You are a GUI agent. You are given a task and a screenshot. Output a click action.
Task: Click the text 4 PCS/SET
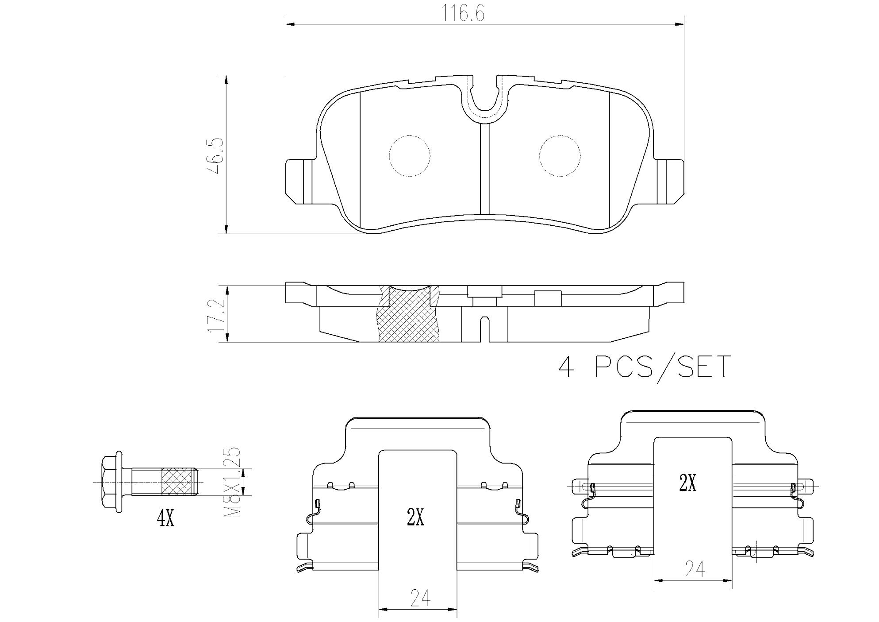click(644, 367)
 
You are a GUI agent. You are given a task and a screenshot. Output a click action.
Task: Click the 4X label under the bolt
click(165, 518)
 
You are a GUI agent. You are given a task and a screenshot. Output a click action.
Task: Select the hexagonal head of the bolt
click(111, 482)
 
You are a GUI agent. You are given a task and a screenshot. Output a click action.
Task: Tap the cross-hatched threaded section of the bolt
click(179, 482)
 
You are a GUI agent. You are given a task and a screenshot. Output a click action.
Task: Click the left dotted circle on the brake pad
click(409, 156)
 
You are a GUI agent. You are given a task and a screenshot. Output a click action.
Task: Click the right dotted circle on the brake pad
click(560, 156)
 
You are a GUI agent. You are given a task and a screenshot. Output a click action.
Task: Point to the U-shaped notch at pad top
click(485, 100)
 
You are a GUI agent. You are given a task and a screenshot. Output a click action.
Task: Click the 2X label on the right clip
click(688, 483)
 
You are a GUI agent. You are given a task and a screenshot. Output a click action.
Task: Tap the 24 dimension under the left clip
click(420, 598)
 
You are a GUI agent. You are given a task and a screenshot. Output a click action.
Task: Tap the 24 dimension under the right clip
click(695, 569)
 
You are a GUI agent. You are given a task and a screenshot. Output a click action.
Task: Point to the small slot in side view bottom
click(485, 328)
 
